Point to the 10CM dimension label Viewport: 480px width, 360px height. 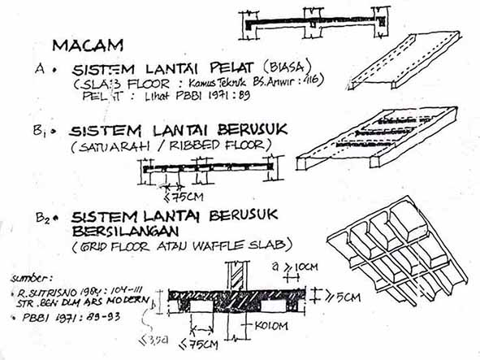302,266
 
